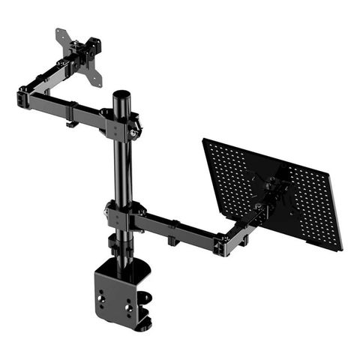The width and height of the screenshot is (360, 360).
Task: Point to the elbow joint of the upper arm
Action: coord(26,97)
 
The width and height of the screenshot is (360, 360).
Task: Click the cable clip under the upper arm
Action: coord(70,123)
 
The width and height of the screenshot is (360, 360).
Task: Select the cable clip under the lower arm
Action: coord(172,240)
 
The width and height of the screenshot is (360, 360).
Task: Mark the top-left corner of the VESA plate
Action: coord(58,32)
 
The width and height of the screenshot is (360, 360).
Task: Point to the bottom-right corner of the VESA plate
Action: coord(99,84)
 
